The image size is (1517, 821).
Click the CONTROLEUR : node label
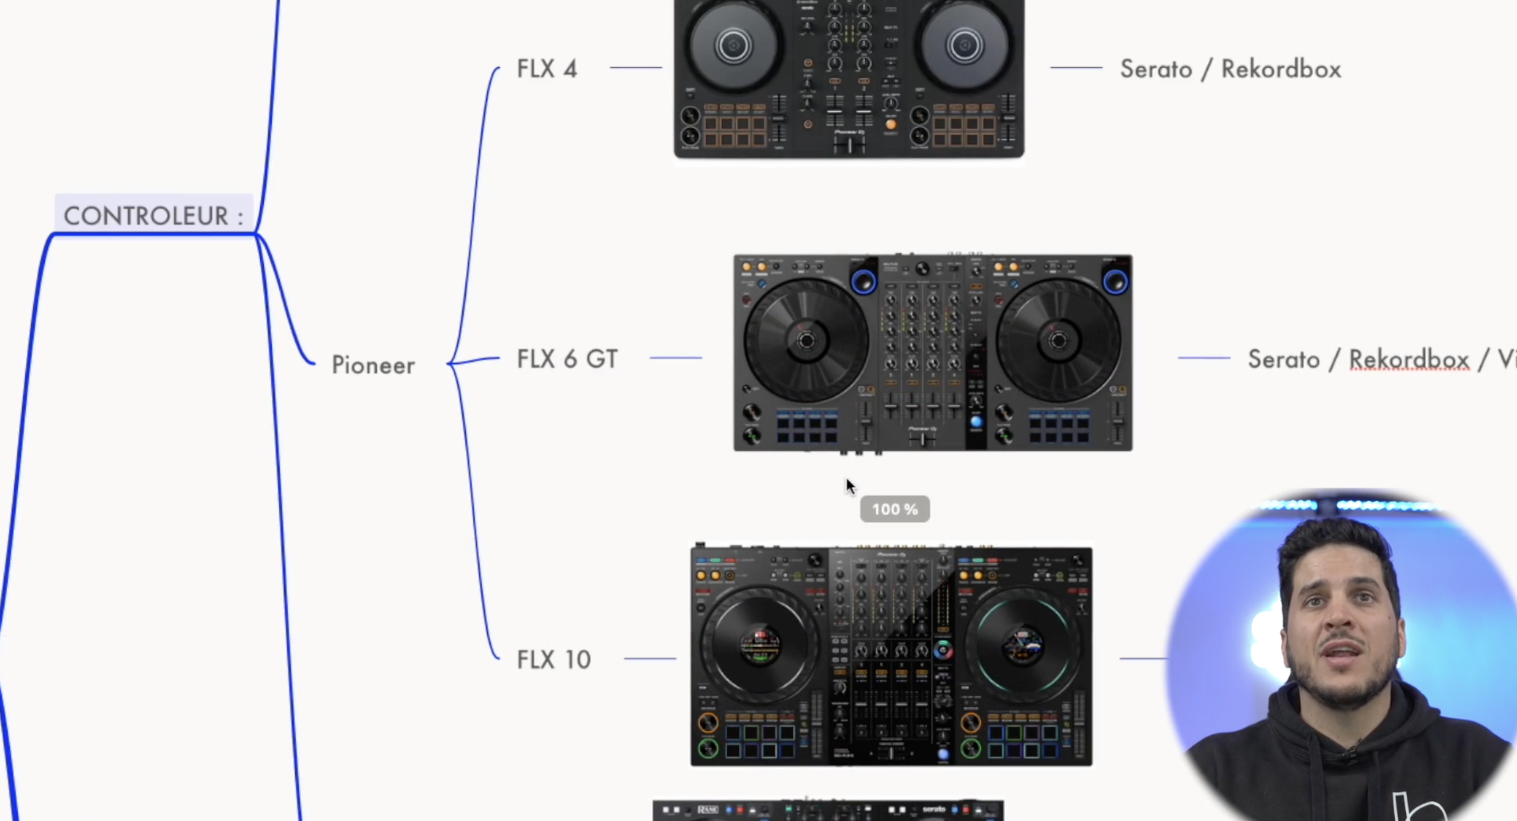click(153, 216)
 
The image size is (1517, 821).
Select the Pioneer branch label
click(373, 365)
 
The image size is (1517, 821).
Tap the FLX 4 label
click(546, 69)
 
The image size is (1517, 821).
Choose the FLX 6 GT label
click(567, 359)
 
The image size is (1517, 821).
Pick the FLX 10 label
click(553, 660)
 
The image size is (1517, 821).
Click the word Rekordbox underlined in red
click(1409, 360)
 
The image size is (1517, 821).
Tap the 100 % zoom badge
click(894, 509)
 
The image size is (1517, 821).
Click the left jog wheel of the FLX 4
click(733, 46)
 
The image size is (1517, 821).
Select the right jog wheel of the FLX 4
click(965, 46)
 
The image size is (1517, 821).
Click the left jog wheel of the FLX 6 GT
click(806, 341)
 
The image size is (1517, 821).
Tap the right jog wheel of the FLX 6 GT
click(1058, 341)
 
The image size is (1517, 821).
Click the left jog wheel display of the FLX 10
click(760, 646)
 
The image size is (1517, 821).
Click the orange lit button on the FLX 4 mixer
click(890, 124)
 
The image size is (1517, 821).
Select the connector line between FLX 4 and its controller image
click(636, 68)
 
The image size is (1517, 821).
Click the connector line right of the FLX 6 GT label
click(676, 358)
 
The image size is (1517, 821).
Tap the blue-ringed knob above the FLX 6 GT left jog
click(863, 282)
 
